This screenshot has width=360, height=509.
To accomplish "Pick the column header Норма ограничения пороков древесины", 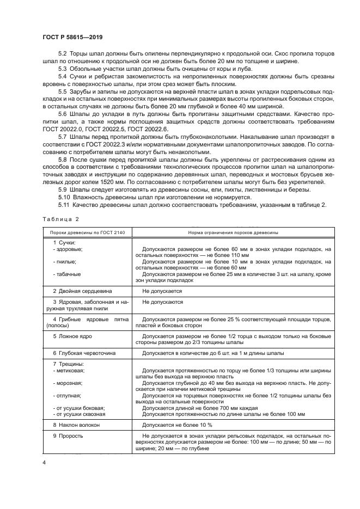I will [233, 232].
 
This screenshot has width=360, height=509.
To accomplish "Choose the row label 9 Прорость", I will [68, 436].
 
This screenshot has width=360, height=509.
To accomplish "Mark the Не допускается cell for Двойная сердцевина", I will [162, 291].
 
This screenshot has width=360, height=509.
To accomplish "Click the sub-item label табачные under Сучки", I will [66, 274].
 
